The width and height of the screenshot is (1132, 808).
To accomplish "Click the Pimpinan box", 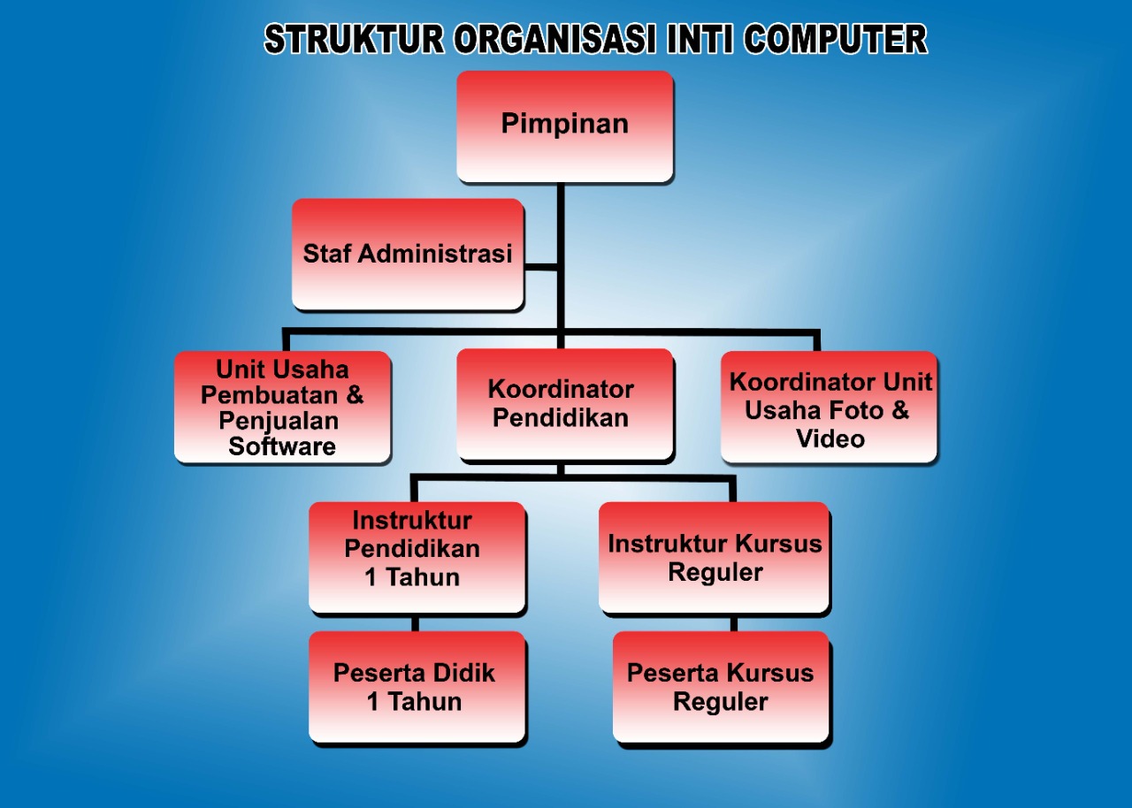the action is [564, 126].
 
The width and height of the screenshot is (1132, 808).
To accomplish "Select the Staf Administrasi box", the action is [408, 255].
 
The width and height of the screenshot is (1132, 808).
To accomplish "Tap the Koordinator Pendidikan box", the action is [564, 404].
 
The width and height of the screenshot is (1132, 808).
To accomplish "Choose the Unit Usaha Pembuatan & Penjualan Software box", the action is [282, 408].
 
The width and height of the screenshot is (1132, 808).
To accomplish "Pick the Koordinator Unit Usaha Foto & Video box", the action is [829, 408].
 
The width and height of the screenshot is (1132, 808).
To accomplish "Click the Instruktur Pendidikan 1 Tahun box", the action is [417, 557].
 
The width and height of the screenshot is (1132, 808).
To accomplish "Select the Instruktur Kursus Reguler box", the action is [714, 557].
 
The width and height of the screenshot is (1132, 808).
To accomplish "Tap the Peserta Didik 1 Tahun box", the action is [417, 687].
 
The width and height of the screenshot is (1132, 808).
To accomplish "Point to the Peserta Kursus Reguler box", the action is [721, 687].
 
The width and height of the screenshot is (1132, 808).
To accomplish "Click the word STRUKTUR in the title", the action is [354, 40].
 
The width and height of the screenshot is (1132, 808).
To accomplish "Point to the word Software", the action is [282, 446].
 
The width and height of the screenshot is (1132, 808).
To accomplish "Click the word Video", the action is [830, 438].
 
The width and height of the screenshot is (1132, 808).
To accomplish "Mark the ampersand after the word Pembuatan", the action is [354, 394].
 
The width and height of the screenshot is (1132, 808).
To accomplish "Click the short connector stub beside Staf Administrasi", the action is [540, 266].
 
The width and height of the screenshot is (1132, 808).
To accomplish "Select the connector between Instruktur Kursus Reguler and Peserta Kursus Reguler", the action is [734, 622].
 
